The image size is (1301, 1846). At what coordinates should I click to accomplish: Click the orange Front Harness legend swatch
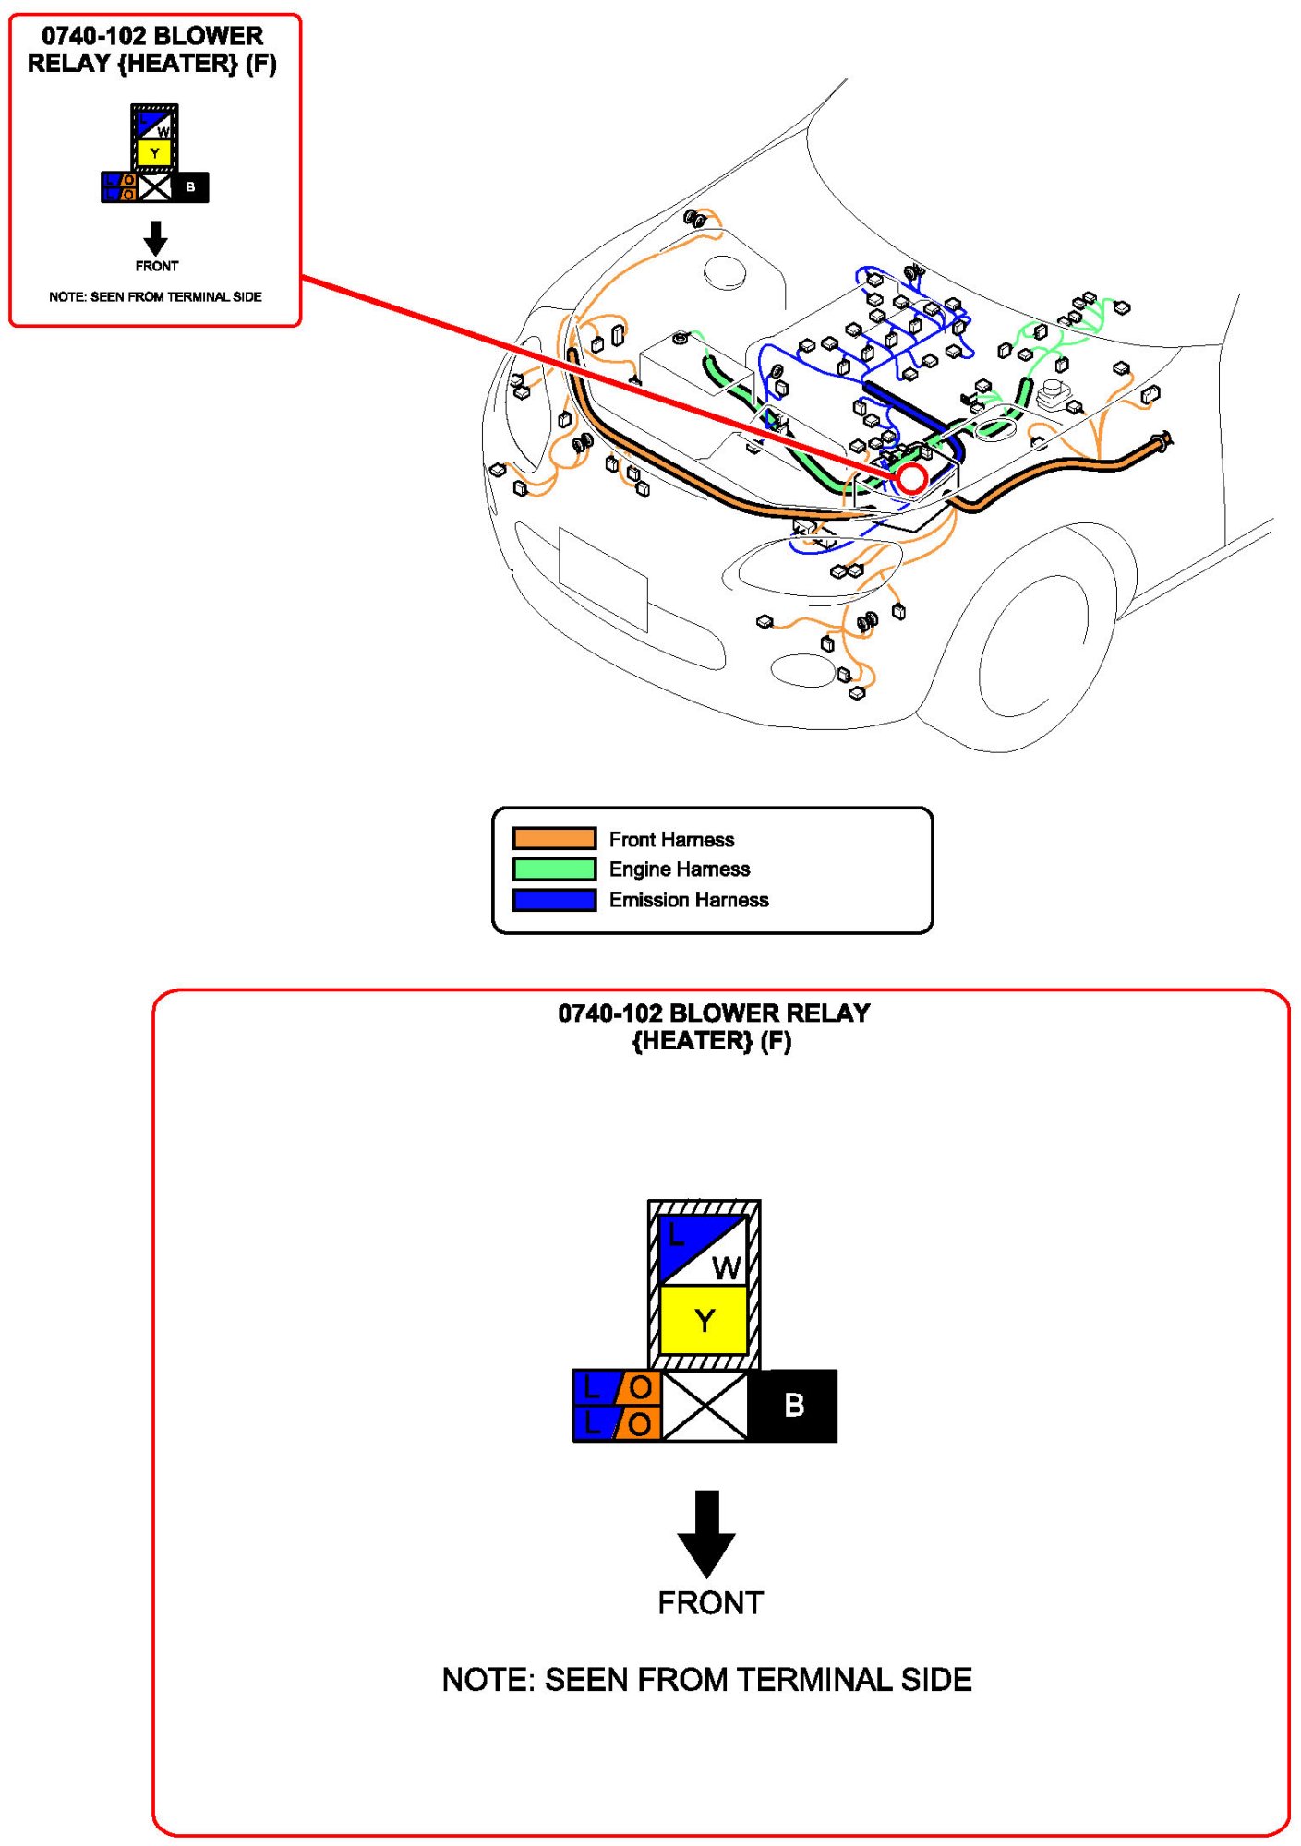coord(554,838)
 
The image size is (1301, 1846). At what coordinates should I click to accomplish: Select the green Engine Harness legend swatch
coord(554,869)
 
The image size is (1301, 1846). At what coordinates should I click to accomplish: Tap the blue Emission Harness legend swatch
coord(554,899)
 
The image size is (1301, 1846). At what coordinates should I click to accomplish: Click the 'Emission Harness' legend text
coord(688,899)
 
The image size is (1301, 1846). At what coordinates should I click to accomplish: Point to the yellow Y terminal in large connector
coord(705,1320)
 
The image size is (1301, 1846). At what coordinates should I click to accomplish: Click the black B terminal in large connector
coord(793,1405)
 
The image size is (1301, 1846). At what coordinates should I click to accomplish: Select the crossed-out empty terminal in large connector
coord(705,1405)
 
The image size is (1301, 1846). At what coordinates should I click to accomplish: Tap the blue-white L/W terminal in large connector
coord(703,1249)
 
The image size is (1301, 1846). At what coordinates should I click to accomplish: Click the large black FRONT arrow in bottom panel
coord(706,1532)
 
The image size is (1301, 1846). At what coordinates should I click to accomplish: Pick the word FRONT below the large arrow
coord(710,1603)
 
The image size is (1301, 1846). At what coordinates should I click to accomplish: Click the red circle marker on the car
coord(911,478)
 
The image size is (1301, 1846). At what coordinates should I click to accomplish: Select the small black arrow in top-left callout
coord(156,238)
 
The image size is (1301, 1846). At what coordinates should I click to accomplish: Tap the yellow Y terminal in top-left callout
coord(155,153)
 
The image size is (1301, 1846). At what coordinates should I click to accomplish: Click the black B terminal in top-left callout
coord(190,187)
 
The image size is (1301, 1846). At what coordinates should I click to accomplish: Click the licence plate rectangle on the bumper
coord(603,579)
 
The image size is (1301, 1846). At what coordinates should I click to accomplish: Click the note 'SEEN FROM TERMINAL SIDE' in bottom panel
coord(706,1680)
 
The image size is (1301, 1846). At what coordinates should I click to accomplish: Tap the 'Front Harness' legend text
coord(671,839)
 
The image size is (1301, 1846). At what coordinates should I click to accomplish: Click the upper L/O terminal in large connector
coord(617,1386)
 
